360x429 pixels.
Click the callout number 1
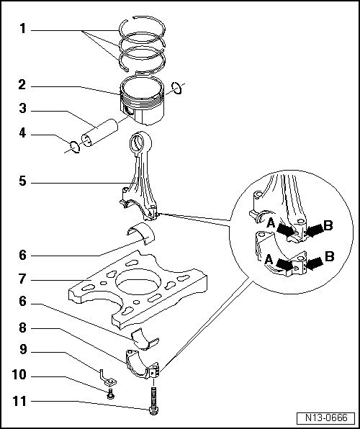coord(23,29)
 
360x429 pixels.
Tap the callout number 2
coord(22,85)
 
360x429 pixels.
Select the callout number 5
coord(22,181)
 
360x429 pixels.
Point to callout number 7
coord(22,279)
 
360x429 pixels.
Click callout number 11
coord(19,402)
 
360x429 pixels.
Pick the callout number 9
coord(23,350)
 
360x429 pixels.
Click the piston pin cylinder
coord(99,132)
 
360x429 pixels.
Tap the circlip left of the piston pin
coord(75,147)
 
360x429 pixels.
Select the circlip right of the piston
coord(177,88)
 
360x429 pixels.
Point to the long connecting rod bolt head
coord(153,410)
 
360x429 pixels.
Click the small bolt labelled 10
coord(111,394)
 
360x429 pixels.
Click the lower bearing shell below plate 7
coord(145,340)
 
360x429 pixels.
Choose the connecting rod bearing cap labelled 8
coord(142,365)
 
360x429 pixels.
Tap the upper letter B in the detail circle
coord(328,226)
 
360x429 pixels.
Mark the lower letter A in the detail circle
coord(269,259)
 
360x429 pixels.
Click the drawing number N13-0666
coord(326,417)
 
